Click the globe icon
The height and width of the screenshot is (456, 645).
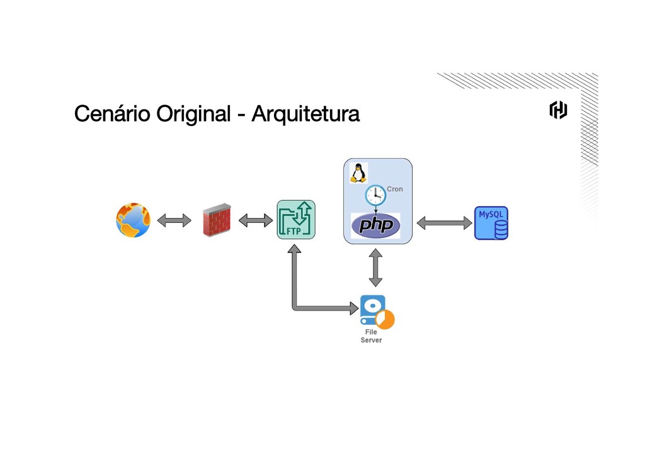coord(133,220)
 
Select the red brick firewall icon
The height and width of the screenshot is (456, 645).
coord(216,220)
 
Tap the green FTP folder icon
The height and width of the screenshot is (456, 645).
coord(296,219)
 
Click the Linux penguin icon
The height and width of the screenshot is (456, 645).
coord(358,173)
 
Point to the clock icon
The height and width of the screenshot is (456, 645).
coord(375,195)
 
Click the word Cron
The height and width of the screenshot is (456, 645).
coord(395,189)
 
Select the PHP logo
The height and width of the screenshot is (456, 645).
coord(375,225)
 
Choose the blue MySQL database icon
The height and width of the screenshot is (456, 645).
coord(491,223)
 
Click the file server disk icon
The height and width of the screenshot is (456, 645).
coord(376,311)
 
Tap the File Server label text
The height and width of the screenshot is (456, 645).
coord(371,336)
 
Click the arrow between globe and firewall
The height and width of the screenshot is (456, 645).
coord(174,220)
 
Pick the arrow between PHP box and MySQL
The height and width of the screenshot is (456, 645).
coord(445,222)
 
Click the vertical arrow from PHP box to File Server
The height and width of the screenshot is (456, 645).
coord(375,268)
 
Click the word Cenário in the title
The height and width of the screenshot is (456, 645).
coord(113,115)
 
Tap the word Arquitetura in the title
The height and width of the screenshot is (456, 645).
coord(305,115)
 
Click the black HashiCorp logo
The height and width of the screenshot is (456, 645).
coord(558,110)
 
